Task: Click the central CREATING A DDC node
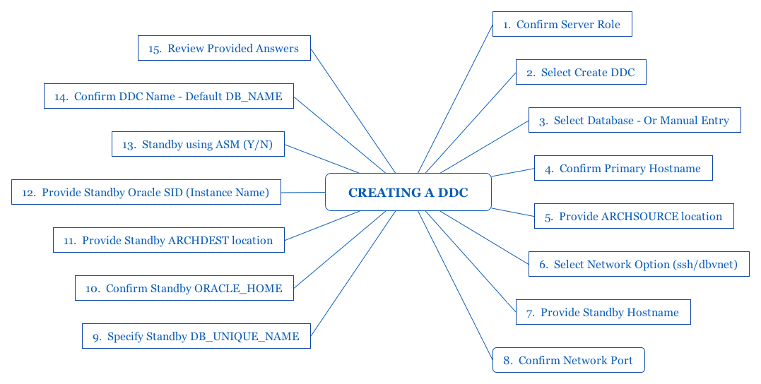408,192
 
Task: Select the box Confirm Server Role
562,24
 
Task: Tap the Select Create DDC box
581,72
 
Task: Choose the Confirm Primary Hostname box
623,168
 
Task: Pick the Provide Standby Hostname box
603,312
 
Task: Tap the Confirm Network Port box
569,360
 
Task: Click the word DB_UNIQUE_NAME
244,337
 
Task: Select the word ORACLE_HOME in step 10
238,289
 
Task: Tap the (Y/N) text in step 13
258,145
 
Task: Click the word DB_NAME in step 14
254,97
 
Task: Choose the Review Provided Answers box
224,48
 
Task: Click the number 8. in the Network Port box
507,360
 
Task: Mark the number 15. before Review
155,49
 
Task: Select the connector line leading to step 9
353,273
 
